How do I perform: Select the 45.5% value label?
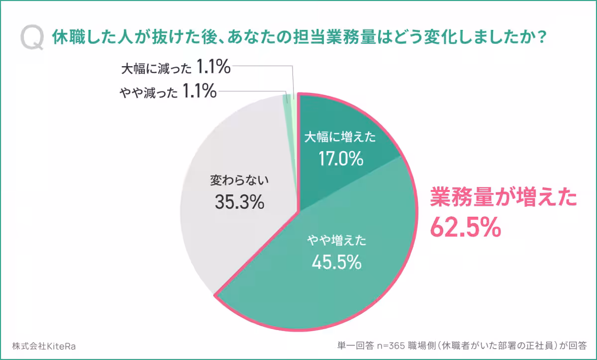pyautogui.click(x=336, y=262)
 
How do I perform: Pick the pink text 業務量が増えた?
pyautogui.click(x=503, y=197)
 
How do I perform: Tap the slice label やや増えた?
pyautogui.click(x=336, y=242)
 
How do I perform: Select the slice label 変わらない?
pyautogui.click(x=239, y=180)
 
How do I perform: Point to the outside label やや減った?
pyautogui.click(x=148, y=92)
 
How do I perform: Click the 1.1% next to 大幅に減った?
pyautogui.click(x=213, y=67)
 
